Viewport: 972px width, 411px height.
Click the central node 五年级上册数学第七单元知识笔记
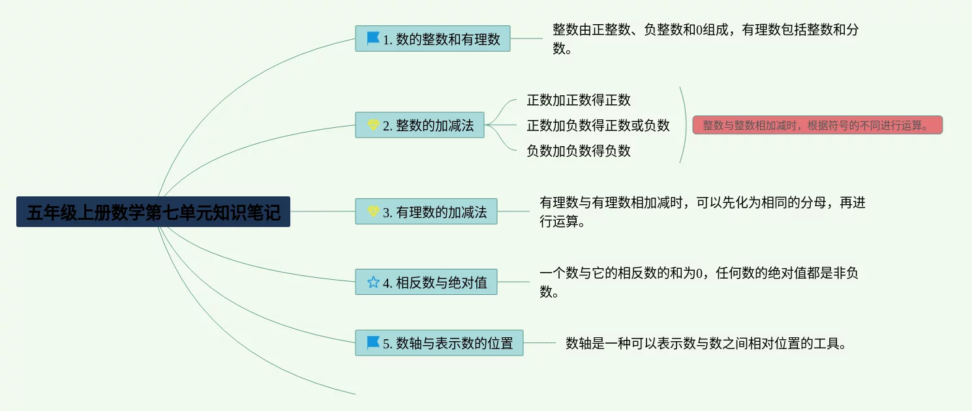coord(153,212)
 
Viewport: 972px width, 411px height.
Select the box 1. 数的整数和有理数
coord(433,38)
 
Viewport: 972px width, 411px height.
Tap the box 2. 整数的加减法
coord(419,125)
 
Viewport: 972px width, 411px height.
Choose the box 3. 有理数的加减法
coord(426,211)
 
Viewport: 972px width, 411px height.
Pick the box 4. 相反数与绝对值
coord(426,282)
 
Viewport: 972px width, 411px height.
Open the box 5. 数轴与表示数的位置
coord(439,343)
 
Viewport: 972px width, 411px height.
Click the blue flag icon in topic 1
coord(372,38)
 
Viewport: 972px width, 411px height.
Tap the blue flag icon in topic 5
coord(372,342)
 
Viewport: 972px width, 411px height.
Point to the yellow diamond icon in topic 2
coord(373,125)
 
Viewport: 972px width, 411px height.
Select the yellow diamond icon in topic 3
coord(373,211)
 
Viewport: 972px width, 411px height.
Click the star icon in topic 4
coord(373,282)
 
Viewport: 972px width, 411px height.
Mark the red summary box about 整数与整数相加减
coord(817,125)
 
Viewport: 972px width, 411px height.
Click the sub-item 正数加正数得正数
coord(579,100)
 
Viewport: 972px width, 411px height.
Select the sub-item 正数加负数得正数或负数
coord(598,125)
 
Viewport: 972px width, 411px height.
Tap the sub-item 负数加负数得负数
coord(579,151)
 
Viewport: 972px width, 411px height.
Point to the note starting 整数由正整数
coord(706,38)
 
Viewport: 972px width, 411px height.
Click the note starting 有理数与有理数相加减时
coord(703,212)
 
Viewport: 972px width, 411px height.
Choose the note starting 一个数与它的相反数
coord(699,282)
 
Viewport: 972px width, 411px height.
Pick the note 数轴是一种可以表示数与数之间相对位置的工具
coord(706,343)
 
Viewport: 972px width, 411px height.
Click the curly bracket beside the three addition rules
coord(686,125)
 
